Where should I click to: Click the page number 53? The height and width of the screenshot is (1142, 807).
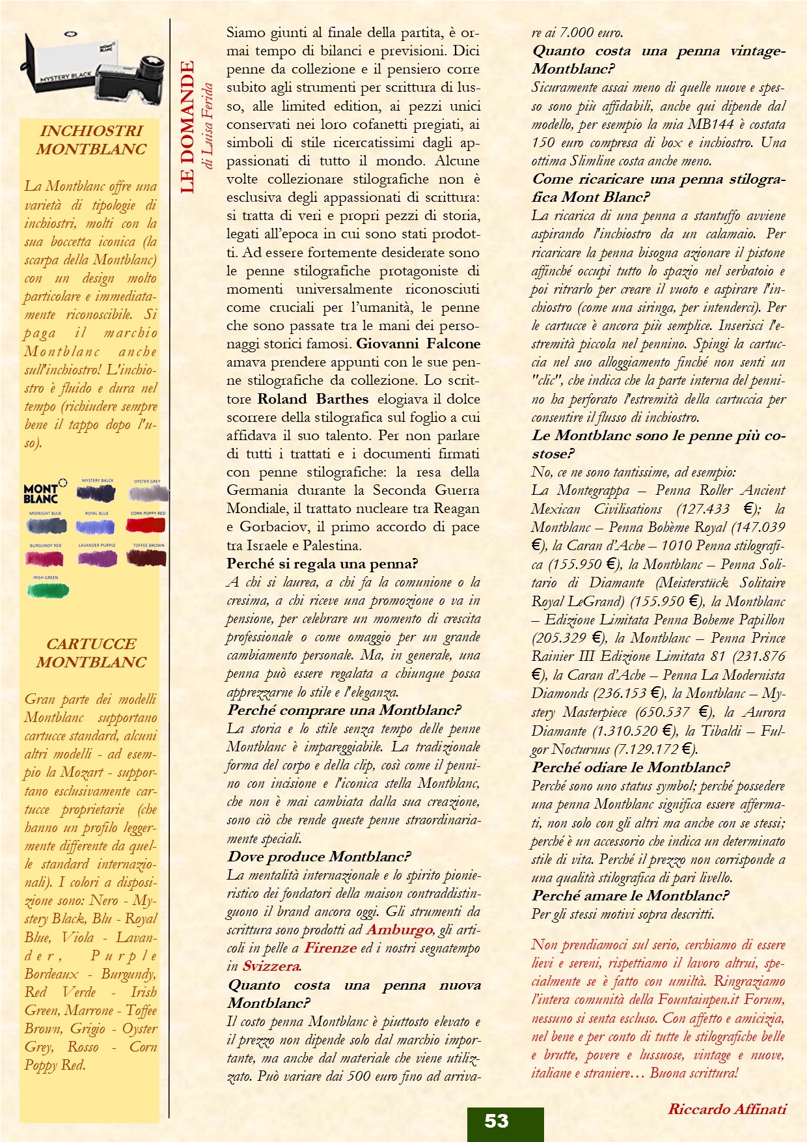(497, 1121)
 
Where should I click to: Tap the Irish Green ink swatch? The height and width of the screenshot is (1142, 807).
(48, 590)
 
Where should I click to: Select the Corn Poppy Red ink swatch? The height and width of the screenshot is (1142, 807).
(147, 525)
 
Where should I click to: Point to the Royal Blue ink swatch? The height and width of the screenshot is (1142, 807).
(97, 525)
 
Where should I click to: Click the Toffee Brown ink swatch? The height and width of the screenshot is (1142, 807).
(147, 558)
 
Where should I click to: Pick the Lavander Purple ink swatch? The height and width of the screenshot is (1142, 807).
(97, 558)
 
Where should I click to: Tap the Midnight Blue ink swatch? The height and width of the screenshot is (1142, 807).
(46, 525)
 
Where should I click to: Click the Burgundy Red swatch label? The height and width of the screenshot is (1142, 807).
(46, 546)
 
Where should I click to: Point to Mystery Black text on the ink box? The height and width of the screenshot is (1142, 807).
(66, 77)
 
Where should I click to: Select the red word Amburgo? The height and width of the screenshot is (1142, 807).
(399, 930)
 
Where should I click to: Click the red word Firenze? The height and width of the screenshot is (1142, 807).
(330, 948)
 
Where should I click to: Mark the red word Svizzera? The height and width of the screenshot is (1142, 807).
(271, 966)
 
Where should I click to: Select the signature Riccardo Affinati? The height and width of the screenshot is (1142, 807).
(727, 1109)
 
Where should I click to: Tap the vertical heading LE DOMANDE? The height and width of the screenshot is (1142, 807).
(187, 127)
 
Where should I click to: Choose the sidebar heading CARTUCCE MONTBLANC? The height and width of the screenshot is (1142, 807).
(91, 653)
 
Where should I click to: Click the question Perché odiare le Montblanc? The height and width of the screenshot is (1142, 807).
(630, 768)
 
